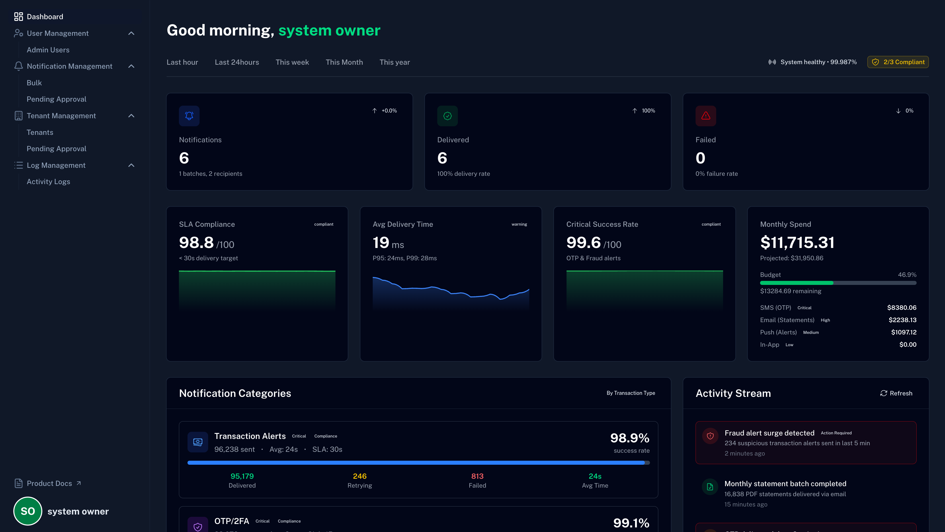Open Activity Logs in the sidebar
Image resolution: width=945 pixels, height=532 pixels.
pyautogui.click(x=48, y=182)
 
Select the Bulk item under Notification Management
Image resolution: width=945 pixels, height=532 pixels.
pyautogui.click(x=34, y=83)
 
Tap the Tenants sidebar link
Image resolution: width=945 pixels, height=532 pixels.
pyautogui.click(x=40, y=132)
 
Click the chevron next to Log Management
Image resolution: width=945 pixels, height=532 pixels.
pyautogui.click(x=131, y=165)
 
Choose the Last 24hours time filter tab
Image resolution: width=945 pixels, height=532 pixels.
pyautogui.click(x=237, y=62)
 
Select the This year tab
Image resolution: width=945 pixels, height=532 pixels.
pyautogui.click(x=394, y=62)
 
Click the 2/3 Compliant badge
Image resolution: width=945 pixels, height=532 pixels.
pyautogui.click(x=898, y=62)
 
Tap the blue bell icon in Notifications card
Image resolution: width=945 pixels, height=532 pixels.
pyautogui.click(x=189, y=116)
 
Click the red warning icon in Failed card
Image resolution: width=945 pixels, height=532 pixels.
pyautogui.click(x=705, y=116)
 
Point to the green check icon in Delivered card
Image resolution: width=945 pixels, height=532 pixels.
pyautogui.click(x=447, y=116)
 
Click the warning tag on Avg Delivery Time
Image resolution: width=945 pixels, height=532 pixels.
pyautogui.click(x=519, y=224)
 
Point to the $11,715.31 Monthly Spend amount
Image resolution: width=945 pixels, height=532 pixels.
pyautogui.click(x=797, y=243)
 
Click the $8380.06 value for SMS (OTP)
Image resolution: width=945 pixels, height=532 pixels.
pyautogui.click(x=901, y=308)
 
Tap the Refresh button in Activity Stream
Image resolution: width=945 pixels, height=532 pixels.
pyautogui.click(x=896, y=393)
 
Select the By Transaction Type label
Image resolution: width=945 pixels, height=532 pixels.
pyautogui.click(x=630, y=393)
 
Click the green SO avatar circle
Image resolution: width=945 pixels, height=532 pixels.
pyautogui.click(x=28, y=511)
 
